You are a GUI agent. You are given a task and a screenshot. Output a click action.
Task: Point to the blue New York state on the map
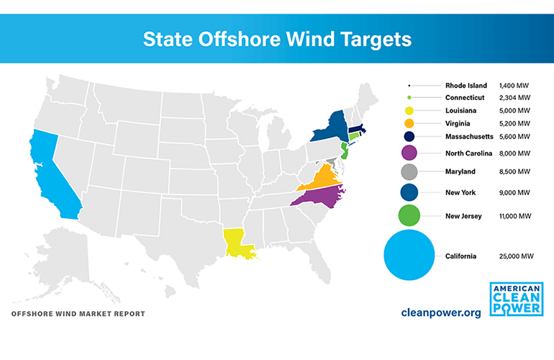tap(330, 127)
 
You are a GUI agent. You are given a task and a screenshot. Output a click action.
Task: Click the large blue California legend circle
tap(409, 256)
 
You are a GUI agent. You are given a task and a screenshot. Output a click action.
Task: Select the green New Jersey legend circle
tap(409, 215)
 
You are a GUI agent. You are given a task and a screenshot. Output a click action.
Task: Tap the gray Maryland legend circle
tap(409, 171)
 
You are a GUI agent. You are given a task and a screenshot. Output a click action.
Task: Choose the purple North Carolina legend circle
tap(409, 152)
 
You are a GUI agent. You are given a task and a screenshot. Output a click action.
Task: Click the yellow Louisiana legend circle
tap(409, 111)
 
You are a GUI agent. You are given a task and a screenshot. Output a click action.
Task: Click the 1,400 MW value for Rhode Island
tap(512, 86)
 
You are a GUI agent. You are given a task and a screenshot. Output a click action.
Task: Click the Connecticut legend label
tap(465, 98)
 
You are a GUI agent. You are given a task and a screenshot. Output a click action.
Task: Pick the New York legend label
tap(460, 193)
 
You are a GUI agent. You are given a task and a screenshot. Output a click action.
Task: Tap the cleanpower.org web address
tap(440, 313)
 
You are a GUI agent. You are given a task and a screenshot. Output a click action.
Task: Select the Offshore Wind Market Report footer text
tap(78, 314)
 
